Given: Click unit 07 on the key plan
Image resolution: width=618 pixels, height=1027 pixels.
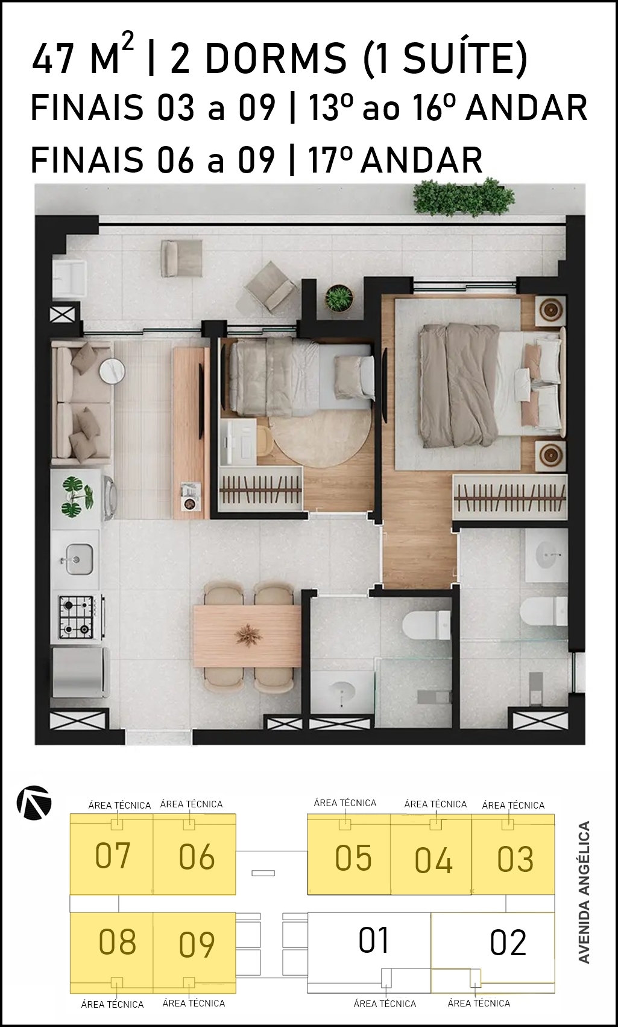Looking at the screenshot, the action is (112, 854).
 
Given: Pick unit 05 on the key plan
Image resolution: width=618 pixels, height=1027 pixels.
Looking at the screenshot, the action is (348, 854).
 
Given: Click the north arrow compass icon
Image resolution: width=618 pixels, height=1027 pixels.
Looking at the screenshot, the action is (34, 803).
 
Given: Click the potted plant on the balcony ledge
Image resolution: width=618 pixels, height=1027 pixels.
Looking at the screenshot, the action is (339, 298).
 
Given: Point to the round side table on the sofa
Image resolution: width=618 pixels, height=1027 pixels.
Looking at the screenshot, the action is (112, 369).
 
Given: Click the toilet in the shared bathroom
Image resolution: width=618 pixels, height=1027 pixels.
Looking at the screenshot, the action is (426, 625).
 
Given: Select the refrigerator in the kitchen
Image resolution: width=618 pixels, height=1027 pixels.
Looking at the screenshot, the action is (80, 672).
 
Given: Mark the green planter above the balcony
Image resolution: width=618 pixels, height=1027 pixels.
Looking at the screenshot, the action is (463, 197).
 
